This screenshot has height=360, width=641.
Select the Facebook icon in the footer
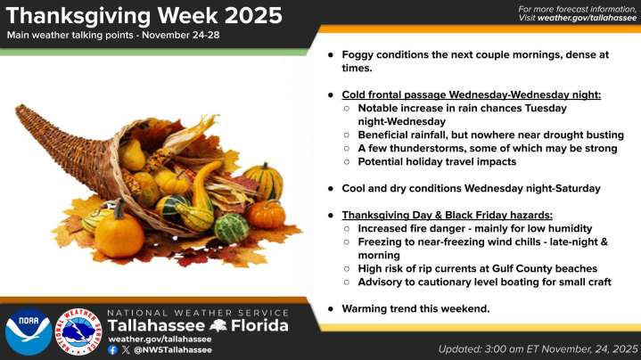[112, 350]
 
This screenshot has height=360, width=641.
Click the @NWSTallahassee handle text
[172, 350]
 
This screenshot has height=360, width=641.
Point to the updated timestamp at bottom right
[538, 348]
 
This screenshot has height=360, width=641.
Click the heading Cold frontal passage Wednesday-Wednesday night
[471, 94]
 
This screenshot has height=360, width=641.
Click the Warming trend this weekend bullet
[415, 308]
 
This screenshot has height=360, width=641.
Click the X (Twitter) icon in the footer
[125, 350]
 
